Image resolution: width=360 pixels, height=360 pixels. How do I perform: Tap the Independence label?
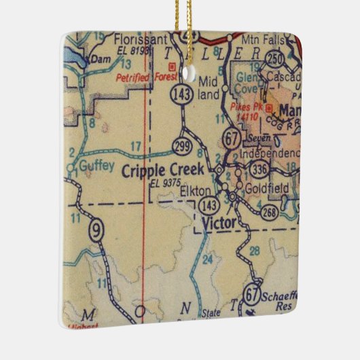pos(270,152)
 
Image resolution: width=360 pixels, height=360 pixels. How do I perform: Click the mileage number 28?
pos(255,252)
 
